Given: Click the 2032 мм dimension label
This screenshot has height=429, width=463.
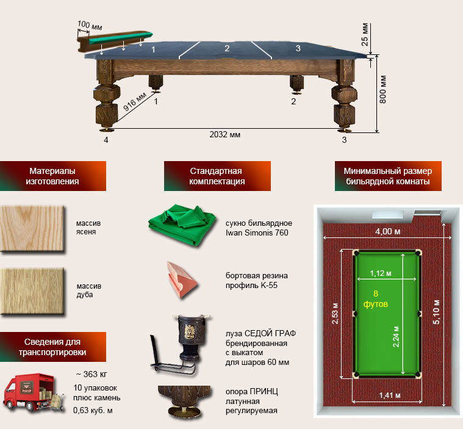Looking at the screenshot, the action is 224,135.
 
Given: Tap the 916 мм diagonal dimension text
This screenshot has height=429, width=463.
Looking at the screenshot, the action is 134,102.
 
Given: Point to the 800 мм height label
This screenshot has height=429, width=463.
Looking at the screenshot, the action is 382,89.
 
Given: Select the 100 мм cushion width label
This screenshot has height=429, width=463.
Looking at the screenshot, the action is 90,26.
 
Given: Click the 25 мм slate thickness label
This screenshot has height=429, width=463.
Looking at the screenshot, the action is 365,34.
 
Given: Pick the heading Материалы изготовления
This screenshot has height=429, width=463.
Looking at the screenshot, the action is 52,176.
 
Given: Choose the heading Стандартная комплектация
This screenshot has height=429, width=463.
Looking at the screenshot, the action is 217,176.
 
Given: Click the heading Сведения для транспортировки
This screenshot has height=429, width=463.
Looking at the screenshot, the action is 52,347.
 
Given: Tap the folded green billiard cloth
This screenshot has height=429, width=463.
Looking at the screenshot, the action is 182,225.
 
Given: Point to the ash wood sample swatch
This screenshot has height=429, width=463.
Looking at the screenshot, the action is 32,229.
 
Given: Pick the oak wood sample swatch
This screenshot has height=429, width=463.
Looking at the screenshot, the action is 32,291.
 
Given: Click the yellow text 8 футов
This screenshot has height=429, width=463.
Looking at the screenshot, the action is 376,298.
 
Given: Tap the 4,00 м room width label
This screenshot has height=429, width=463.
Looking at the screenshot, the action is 388,231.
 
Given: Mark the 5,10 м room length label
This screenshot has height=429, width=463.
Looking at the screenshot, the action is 436,312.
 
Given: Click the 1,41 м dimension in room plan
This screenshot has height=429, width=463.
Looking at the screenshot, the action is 390,395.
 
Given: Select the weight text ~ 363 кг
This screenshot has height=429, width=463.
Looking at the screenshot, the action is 92,374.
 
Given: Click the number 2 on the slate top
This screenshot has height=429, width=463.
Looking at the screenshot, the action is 227,48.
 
